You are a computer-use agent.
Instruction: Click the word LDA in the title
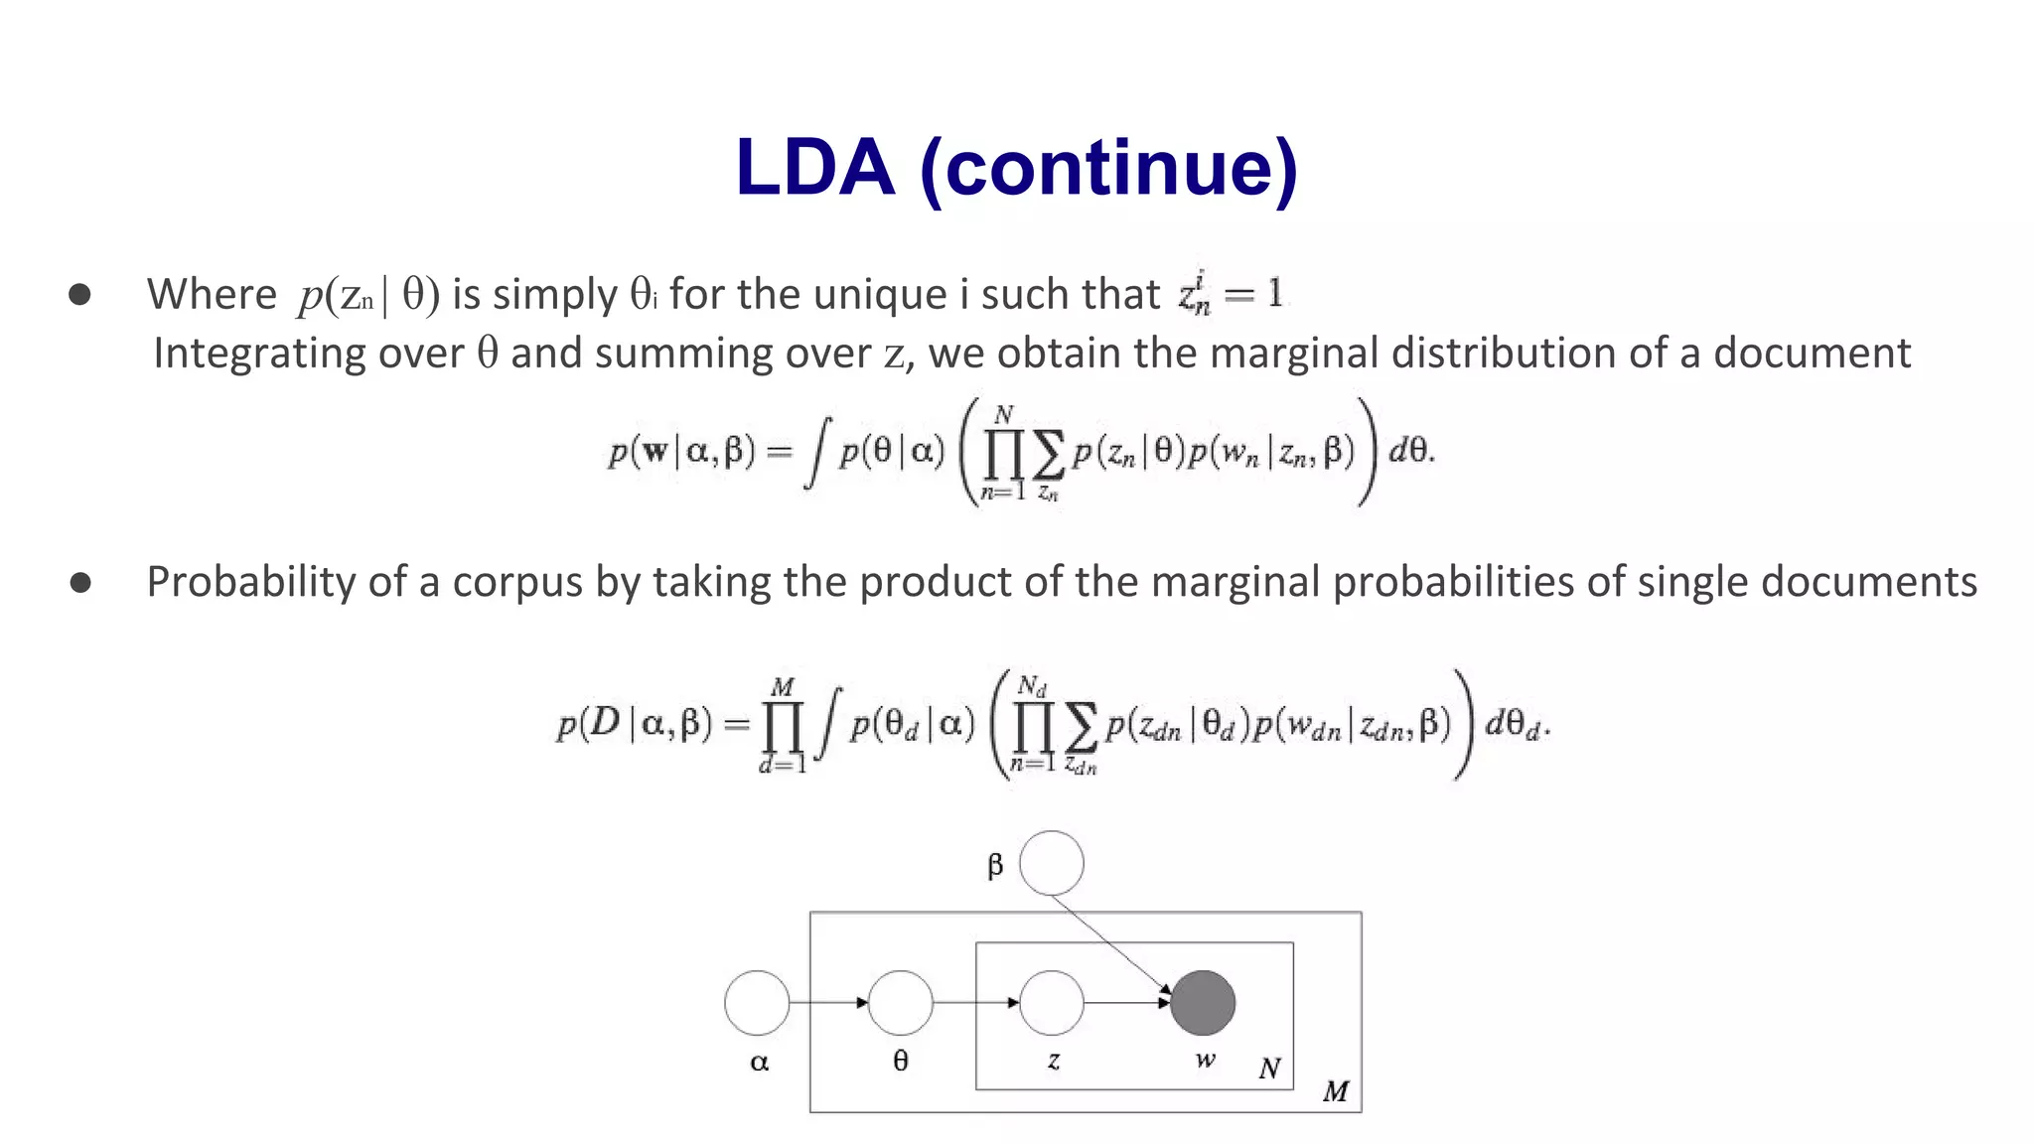[814, 168]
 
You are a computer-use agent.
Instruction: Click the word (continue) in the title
[1108, 168]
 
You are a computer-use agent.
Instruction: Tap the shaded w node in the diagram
[1203, 1003]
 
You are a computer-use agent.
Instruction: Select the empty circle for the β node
[1052, 863]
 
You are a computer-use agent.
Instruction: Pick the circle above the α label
[757, 1003]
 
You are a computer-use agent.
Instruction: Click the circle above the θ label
[901, 1003]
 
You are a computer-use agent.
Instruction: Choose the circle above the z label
[1052, 1003]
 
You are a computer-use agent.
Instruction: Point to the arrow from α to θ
[828, 1003]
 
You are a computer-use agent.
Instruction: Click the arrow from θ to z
[976, 1003]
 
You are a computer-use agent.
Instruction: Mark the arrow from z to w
[1127, 1003]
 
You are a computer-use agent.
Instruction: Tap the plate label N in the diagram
[1269, 1069]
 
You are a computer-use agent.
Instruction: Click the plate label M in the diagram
[1336, 1092]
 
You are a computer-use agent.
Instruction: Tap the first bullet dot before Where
[80, 294]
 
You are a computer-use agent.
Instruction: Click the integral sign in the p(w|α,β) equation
[816, 454]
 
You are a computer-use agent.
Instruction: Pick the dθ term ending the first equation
[1410, 452]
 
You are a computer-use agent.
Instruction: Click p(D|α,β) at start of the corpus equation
[635, 725]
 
